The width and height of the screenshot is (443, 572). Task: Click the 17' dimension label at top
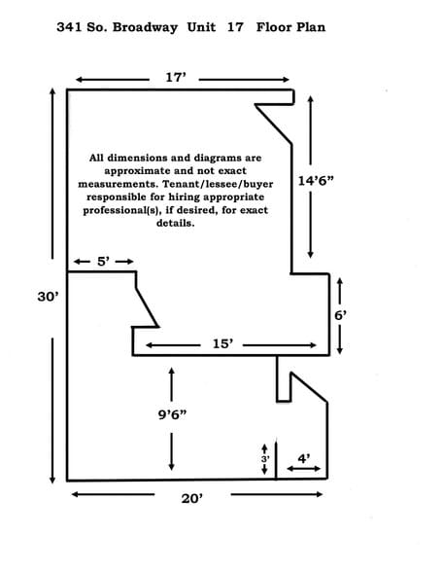click(176, 78)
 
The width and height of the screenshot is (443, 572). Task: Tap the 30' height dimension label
click(48, 297)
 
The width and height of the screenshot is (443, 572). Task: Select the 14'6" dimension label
click(316, 181)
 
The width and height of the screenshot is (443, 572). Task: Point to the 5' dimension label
click(103, 262)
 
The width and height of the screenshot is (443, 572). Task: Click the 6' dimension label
click(341, 315)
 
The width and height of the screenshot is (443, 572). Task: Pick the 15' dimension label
click(223, 343)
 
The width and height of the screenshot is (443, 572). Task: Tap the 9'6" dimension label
click(172, 414)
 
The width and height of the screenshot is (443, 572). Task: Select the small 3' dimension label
click(265, 459)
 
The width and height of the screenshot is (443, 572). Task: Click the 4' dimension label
click(304, 458)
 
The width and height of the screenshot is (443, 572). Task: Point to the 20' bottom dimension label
click(192, 498)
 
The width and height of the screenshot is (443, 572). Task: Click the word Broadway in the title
click(145, 27)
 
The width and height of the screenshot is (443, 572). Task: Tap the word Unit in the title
click(201, 27)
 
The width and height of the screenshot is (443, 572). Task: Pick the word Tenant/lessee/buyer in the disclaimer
click(218, 184)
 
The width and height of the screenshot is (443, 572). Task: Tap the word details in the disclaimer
click(175, 223)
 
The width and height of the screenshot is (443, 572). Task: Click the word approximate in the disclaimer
click(137, 171)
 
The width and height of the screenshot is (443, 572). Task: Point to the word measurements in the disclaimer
click(119, 184)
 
